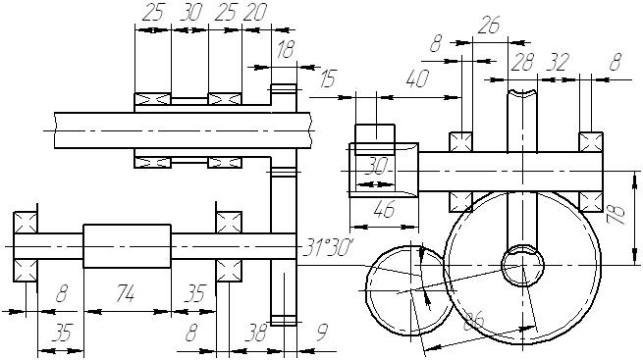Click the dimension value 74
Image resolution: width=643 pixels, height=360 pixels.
(125, 293)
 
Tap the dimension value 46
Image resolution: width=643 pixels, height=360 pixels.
(384, 209)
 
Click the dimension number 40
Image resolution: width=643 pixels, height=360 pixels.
(417, 78)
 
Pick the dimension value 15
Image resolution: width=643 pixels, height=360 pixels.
(328, 78)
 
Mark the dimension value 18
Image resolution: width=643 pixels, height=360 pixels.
(286, 50)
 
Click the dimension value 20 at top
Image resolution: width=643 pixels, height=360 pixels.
(254, 13)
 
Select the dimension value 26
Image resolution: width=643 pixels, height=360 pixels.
(489, 26)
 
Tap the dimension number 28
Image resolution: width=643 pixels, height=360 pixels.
(522, 62)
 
